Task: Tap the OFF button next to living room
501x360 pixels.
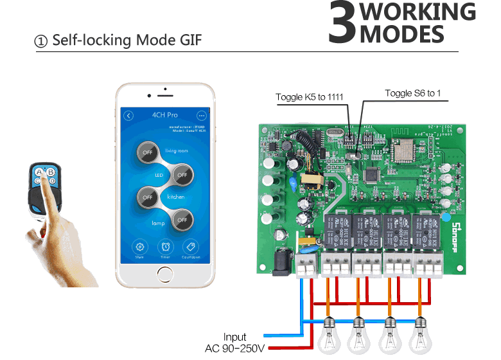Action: [x=148, y=152]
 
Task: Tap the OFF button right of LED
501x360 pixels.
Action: [x=182, y=174]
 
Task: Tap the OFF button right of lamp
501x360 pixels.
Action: [x=182, y=220]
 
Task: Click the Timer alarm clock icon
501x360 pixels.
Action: [x=166, y=247]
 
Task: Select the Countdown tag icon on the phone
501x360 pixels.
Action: [x=190, y=247]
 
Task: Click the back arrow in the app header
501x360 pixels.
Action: [x=128, y=116]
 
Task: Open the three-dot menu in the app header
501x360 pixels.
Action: [x=202, y=116]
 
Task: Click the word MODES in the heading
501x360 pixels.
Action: [x=402, y=33]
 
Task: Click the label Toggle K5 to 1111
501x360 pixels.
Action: [x=310, y=97]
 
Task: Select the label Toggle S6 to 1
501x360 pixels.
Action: [x=413, y=93]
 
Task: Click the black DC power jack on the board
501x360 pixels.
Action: [x=281, y=262]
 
